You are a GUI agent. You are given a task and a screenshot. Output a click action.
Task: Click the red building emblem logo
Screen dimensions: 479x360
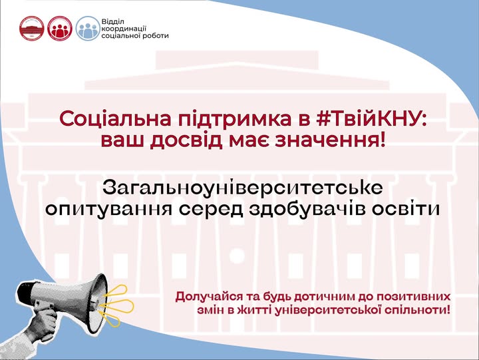point(32,29)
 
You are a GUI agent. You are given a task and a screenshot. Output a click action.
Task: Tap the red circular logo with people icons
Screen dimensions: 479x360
point(60,29)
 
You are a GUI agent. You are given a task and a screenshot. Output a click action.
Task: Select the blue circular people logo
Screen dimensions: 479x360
point(88,29)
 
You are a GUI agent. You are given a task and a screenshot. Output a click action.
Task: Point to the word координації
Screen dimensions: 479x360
point(124,29)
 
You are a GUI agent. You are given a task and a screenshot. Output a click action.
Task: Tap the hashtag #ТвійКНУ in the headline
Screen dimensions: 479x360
point(371,118)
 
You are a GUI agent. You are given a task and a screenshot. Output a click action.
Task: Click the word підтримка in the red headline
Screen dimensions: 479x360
point(235,119)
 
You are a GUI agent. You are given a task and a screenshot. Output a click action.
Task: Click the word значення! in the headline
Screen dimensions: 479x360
point(330,140)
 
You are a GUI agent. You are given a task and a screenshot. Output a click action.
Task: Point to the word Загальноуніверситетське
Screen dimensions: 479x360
point(243,188)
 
